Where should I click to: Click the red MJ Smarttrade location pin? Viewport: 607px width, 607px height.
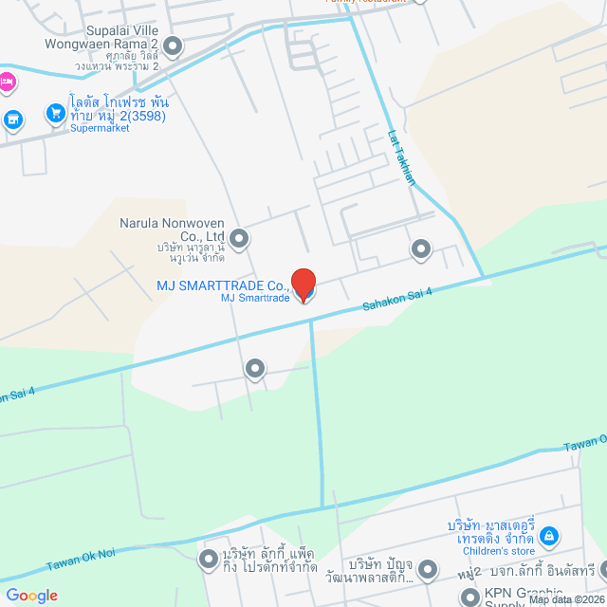(303, 284)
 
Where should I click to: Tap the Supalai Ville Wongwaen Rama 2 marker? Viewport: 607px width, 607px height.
(173, 46)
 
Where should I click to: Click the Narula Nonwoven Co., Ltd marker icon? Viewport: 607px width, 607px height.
(239, 239)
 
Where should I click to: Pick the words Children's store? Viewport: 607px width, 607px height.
(498, 551)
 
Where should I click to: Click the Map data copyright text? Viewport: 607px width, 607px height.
(566, 599)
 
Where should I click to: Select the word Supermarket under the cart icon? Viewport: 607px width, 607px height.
(100, 129)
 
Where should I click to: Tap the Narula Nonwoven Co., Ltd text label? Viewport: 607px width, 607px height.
(172, 230)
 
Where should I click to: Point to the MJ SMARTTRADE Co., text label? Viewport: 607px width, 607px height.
(224, 285)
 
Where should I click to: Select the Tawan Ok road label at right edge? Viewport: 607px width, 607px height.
(585, 443)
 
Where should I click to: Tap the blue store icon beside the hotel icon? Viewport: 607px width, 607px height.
(12, 119)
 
